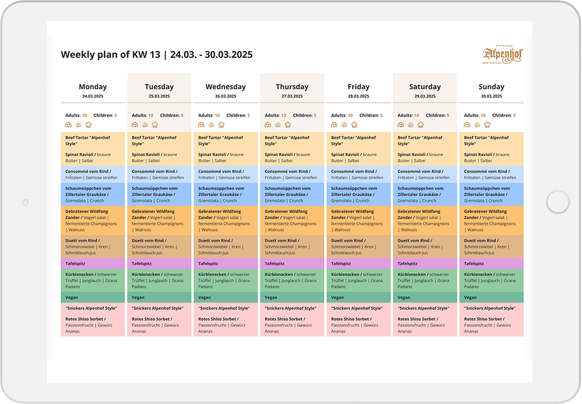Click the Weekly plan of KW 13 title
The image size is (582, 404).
(x=156, y=55)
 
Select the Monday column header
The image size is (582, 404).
(x=93, y=87)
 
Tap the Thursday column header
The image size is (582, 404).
(x=292, y=87)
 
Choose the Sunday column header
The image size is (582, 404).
(x=491, y=87)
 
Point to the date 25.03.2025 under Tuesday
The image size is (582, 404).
(x=159, y=96)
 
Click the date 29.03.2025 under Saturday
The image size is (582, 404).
(x=425, y=96)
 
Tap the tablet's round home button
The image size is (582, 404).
(x=557, y=203)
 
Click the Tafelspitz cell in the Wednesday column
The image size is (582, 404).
(x=225, y=263)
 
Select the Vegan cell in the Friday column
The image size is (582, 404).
(x=358, y=298)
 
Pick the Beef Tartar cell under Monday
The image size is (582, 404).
(x=93, y=140)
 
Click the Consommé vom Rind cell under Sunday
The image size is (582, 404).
(x=491, y=175)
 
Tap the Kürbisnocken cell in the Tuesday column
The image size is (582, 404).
(x=159, y=280)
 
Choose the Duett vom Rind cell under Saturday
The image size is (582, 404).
(x=425, y=246)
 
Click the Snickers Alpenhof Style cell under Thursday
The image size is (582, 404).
(x=292, y=308)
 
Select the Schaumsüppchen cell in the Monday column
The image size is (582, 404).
(x=93, y=194)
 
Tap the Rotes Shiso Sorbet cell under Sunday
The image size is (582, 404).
(x=491, y=325)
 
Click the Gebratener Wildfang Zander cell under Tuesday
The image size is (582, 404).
(x=159, y=220)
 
